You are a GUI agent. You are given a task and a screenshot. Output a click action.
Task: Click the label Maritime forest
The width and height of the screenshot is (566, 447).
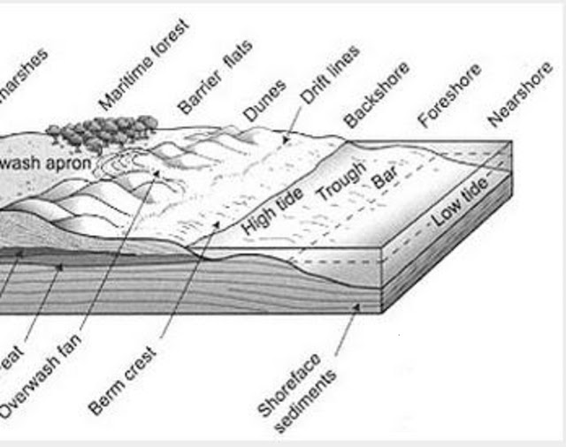[x=145, y=65]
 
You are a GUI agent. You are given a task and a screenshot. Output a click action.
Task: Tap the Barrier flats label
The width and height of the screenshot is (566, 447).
[x=216, y=77]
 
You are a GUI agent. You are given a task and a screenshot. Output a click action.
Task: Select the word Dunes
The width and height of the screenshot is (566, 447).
[x=265, y=100]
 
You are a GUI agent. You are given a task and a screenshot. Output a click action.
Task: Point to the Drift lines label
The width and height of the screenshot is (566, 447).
[x=330, y=75]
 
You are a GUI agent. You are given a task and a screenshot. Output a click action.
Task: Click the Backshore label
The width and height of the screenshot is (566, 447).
[x=377, y=94]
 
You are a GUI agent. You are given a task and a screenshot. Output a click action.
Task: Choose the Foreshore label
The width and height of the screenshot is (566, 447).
[x=449, y=94]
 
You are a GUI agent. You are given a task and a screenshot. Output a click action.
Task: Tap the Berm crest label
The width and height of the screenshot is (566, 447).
[x=123, y=381]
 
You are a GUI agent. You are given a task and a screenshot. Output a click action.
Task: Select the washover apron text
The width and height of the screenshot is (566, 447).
[x=42, y=163]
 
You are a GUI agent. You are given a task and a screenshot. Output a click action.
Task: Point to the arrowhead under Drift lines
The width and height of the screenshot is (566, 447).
[x=285, y=139]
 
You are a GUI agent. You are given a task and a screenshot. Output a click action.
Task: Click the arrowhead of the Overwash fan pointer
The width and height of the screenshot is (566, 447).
[x=159, y=171]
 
